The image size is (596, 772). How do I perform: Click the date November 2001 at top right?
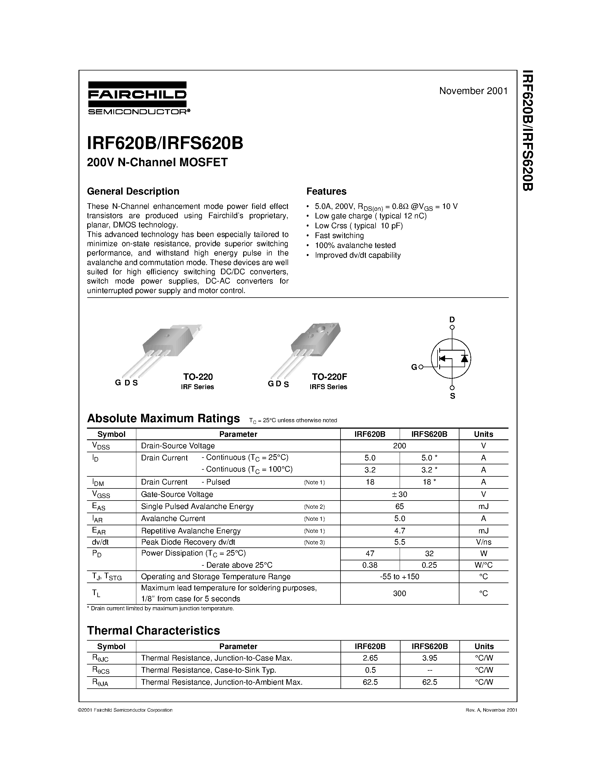(473, 91)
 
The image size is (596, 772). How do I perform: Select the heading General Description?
(133, 191)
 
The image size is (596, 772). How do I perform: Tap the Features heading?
(326, 191)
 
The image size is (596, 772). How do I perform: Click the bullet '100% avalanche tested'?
(355, 245)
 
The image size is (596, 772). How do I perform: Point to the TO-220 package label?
(198, 376)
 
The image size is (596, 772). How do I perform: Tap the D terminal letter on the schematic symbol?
(452, 319)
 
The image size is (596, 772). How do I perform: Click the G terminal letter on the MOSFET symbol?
(414, 367)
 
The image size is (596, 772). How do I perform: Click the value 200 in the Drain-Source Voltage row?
(399, 446)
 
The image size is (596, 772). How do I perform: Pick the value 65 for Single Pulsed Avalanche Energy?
(399, 506)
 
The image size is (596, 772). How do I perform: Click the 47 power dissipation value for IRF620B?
(370, 554)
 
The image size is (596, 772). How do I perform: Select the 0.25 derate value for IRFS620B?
(429, 565)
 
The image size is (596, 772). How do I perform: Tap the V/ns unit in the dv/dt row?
(483, 542)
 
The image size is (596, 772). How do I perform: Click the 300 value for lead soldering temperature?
(399, 593)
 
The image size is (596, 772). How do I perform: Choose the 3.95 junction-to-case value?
(429, 658)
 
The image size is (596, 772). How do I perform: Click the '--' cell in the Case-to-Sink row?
(429, 670)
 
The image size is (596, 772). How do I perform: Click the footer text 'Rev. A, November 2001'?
(491, 710)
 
